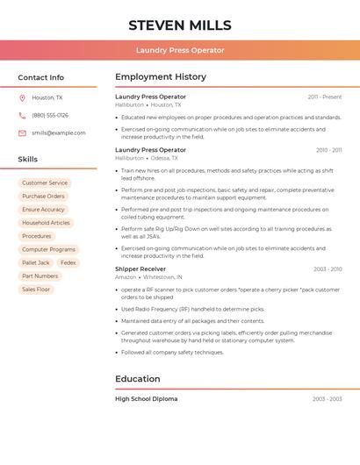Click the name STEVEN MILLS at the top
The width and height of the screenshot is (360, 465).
tap(180, 25)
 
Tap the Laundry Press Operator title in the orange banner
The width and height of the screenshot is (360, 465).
tap(180, 50)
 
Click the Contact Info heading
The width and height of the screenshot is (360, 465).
tap(41, 77)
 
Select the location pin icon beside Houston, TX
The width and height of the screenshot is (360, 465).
tap(22, 97)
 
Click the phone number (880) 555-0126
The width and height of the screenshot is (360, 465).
tap(50, 115)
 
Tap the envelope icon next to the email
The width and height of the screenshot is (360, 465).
tap(22, 132)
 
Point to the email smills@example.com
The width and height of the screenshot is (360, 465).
tap(59, 132)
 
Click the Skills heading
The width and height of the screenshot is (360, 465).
tap(28, 160)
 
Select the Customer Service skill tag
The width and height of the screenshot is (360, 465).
tap(45, 183)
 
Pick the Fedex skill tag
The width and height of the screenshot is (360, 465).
tap(68, 263)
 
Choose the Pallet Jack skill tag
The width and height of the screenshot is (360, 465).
tap(36, 263)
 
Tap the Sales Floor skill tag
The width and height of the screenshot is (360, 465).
tap(36, 290)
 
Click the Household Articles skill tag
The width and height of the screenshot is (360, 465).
tap(46, 223)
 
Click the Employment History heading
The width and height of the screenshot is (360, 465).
tap(161, 77)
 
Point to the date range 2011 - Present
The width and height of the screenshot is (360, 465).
tap(325, 97)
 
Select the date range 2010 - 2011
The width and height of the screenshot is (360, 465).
tap(328, 150)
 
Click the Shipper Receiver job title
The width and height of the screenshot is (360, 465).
tap(140, 268)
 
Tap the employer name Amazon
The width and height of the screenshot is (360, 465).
tap(126, 277)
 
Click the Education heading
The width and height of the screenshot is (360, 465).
tap(138, 379)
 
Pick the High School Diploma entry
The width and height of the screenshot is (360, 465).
tap(146, 399)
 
